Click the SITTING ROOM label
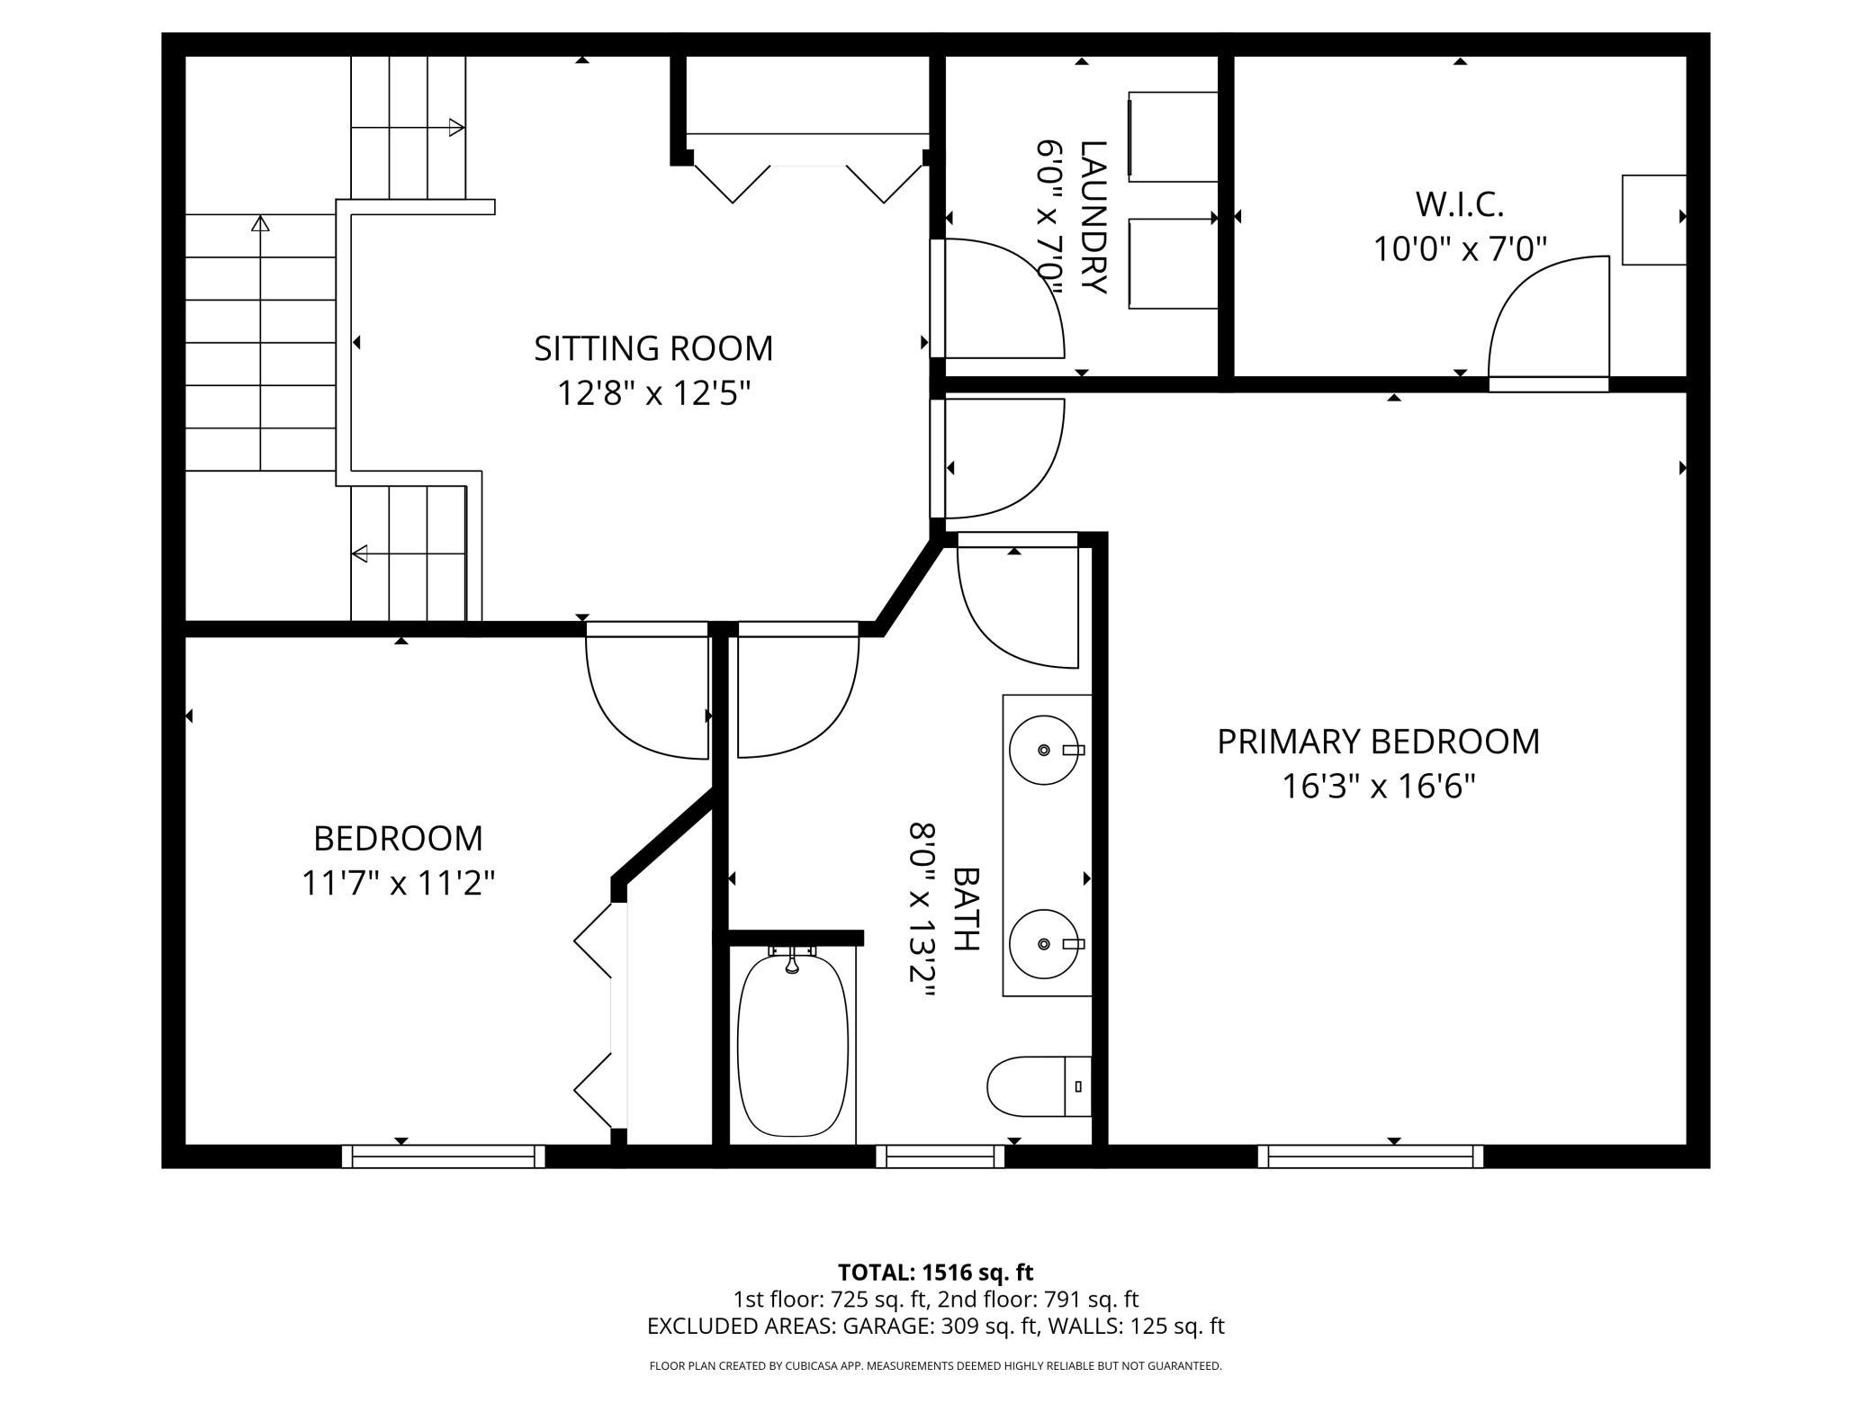coord(653,348)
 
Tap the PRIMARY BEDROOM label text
coord(1378,742)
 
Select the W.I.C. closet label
coord(1460,204)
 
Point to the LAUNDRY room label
coord(1093,217)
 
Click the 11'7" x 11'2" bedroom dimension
coord(398,883)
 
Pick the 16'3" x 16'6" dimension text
coord(1378,787)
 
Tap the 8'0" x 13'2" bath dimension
coord(922,910)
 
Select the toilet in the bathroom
coord(1039,1085)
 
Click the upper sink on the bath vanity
coord(1044,750)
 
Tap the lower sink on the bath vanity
coord(1044,943)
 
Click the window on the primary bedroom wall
coord(1370,1156)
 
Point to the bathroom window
coord(940,1156)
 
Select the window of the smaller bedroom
coord(443,1156)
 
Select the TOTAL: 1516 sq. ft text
coord(935,1273)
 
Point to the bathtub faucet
coord(792,960)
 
